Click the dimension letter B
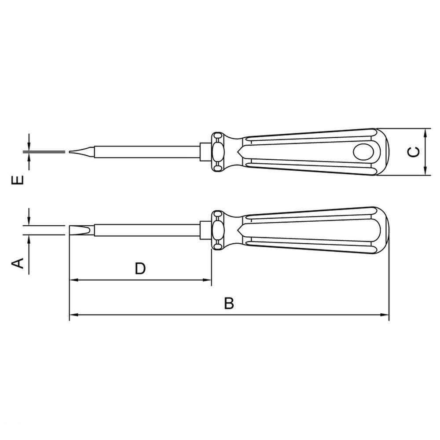point(229,303)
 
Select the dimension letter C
point(414,152)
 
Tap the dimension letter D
point(140,268)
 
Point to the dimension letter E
point(18,180)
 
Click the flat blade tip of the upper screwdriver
point(81,152)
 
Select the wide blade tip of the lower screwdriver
point(81,231)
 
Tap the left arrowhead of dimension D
point(73,280)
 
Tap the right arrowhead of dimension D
point(207,280)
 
